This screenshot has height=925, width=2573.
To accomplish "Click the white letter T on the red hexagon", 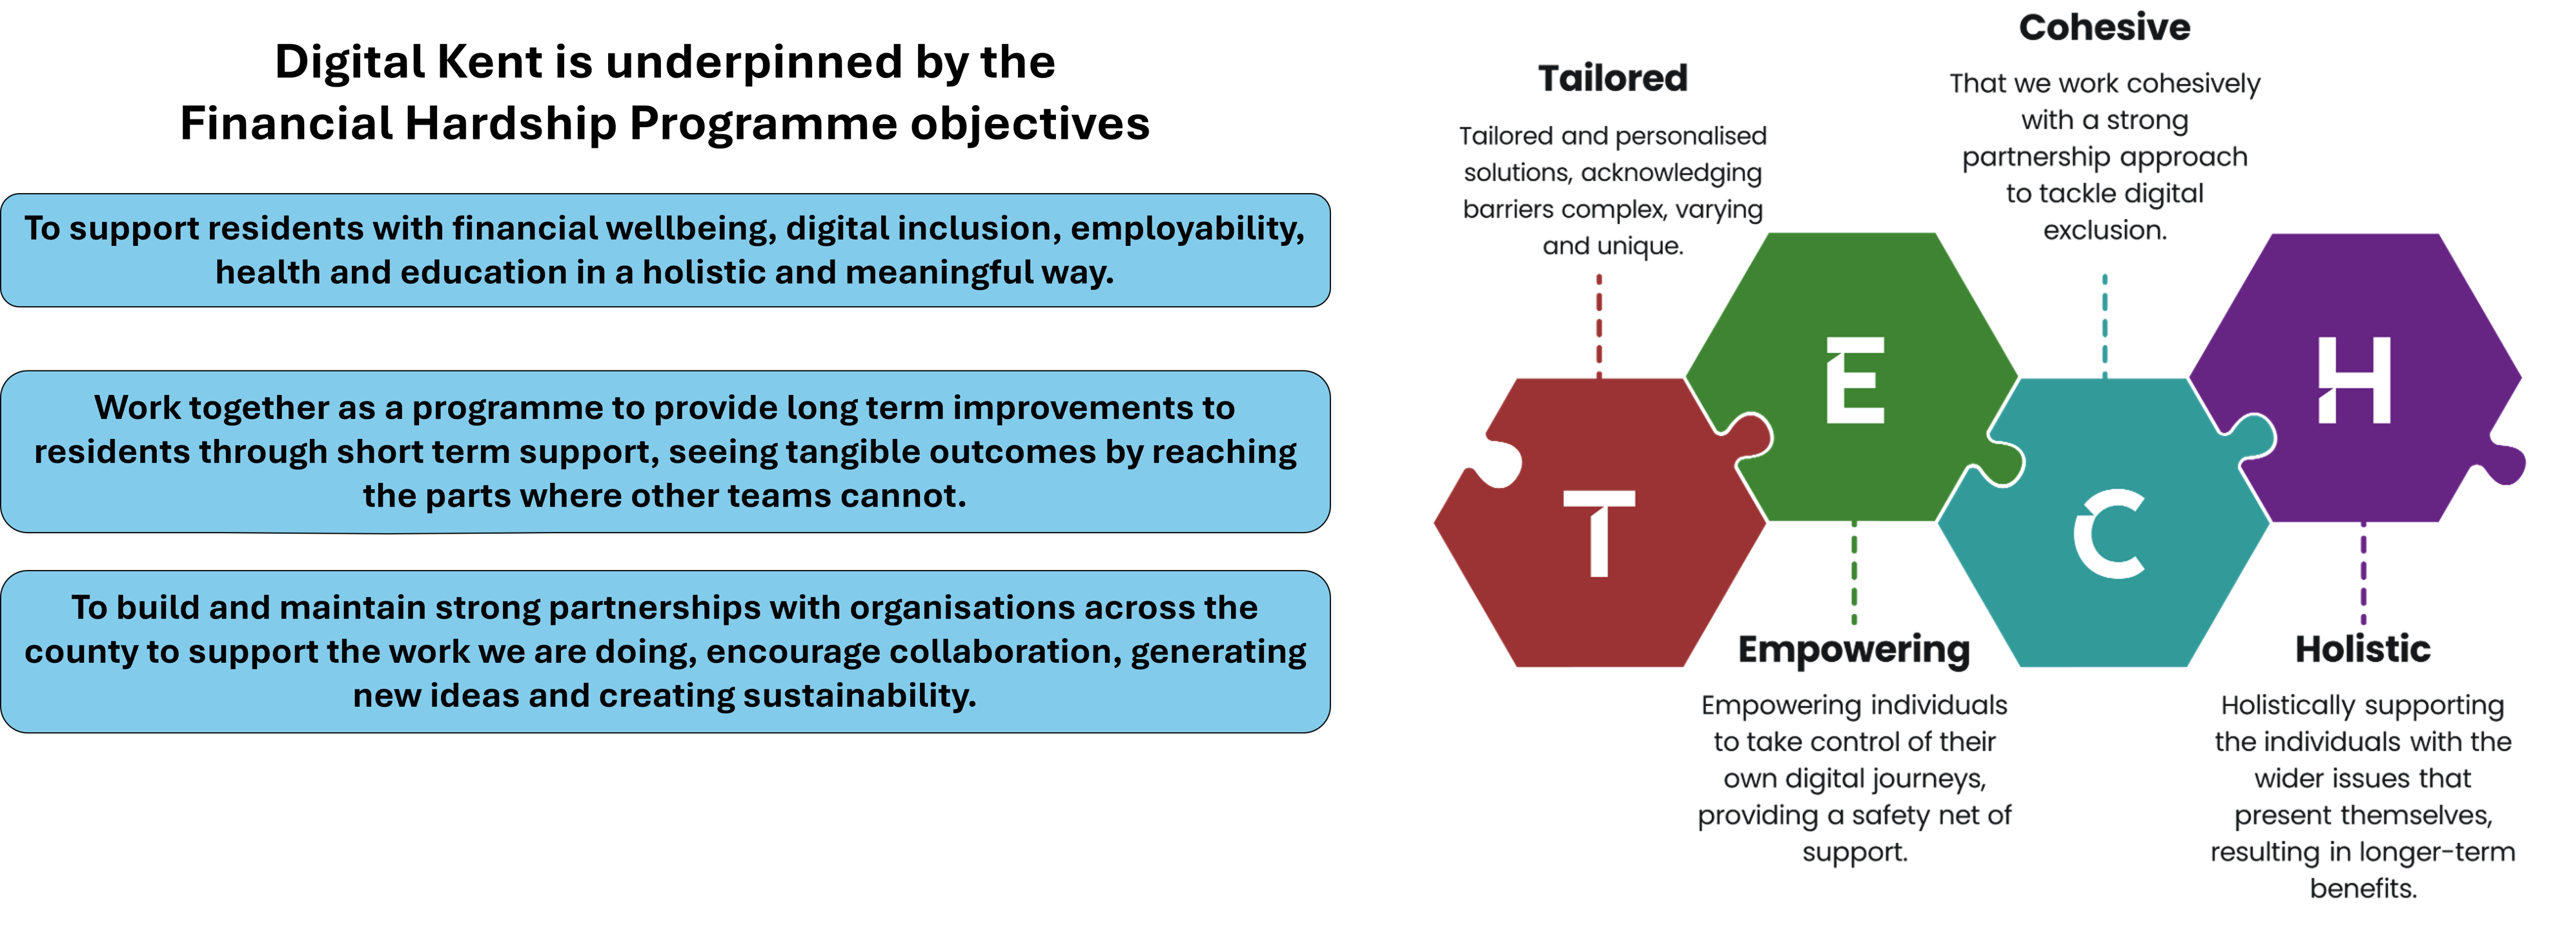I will point(1599,533).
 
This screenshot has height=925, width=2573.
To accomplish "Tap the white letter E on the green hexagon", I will point(1855,381).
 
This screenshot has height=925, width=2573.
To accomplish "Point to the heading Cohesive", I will point(2104,28).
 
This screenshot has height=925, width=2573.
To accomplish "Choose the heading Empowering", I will point(1854,650).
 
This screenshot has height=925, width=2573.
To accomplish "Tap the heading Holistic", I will point(2363,650).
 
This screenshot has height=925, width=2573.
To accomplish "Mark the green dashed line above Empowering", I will point(1854,574).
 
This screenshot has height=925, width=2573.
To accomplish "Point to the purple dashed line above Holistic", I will point(2363,574).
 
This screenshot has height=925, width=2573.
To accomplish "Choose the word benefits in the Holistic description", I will point(2363,889).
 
